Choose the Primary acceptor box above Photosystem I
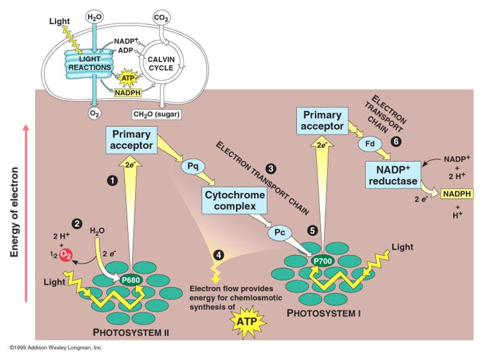pos(321,121)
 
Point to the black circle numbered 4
pos(218,254)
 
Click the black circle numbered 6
pos(395,142)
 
